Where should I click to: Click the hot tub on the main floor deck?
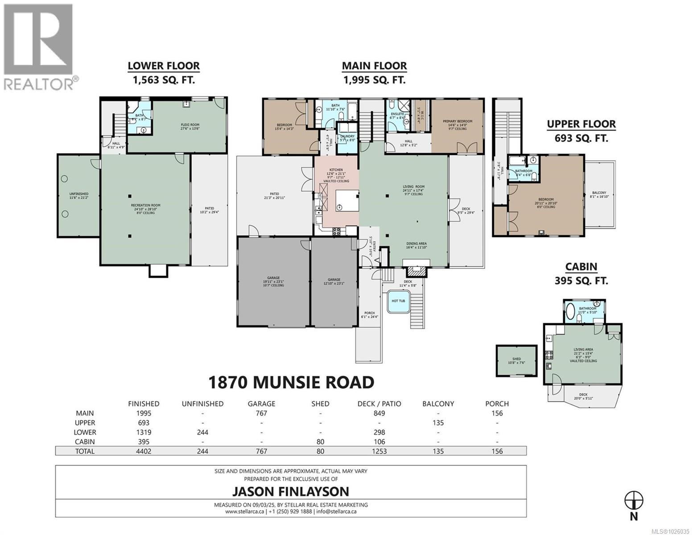[x=398, y=301]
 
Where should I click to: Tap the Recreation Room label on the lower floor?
[x=146, y=206]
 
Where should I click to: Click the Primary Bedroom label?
[x=457, y=121]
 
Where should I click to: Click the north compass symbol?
[x=634, y=500]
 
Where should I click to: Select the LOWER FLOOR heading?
[x=164, y=66]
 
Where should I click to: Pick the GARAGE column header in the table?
[x=261, y=403]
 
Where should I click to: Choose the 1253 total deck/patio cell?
[x=379, y=451]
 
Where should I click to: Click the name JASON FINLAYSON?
[x=290, y=491]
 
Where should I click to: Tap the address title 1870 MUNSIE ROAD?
[x=291, y=382]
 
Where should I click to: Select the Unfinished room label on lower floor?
[x=78, y=193]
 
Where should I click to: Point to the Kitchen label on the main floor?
[x=336, y=170]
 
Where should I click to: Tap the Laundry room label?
[x=347, y=136]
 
